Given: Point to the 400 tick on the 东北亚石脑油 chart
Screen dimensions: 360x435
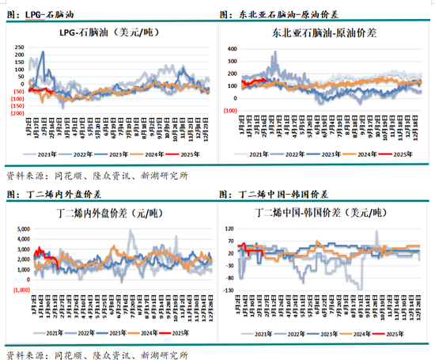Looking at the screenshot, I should click(x=233, y=48).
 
